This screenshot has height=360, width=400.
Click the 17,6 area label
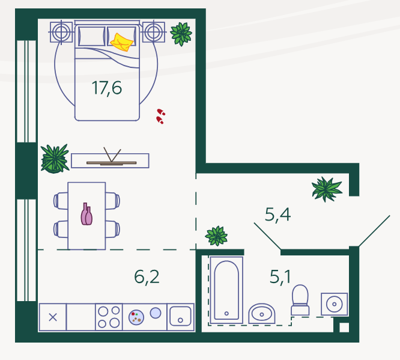pyautogui.click(x=107, y=88)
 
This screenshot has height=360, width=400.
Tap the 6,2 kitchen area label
pyautogui.click(x=147, y=277)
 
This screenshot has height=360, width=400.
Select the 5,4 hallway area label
pyautogui.click(x=277, y=215)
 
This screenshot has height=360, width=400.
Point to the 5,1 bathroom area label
pyautogui.click(x=280, y=277)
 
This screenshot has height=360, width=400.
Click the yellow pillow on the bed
pyautogui.click(x=122, y=42)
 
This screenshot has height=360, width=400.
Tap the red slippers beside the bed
pyautogui.click(x=160, y=116)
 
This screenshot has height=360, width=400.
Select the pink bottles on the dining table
pyautogui.click(x=86, y=214)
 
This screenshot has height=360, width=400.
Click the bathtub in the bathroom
pyautogui.click(x=226, y=290)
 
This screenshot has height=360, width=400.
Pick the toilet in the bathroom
pyautogui.click(x=300, y=300)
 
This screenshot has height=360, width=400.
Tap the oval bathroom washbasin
pyautogui.click(x=262, y=314)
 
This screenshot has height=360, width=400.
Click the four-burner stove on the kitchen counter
pyautogui.click(x=109, y=317)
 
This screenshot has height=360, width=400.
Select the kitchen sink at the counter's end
pyautogui.click(x=180, y=317)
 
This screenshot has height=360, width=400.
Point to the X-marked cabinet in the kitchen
pyautogui.click(x=53, y=317)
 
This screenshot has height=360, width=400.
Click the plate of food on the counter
pyautogui.click(x=136, y=317)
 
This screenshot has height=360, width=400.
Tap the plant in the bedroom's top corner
pyautogui.click(x=181, y=34)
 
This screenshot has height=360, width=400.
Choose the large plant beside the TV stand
pyautogui.click(x=55, y=159)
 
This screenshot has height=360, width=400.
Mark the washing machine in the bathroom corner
pyautogui.click(x=334, y=304)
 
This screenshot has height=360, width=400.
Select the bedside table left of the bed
pyautogui.click(x=61, y=32)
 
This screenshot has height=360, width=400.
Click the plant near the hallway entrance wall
pyautogui.click(x=327, y=189)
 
